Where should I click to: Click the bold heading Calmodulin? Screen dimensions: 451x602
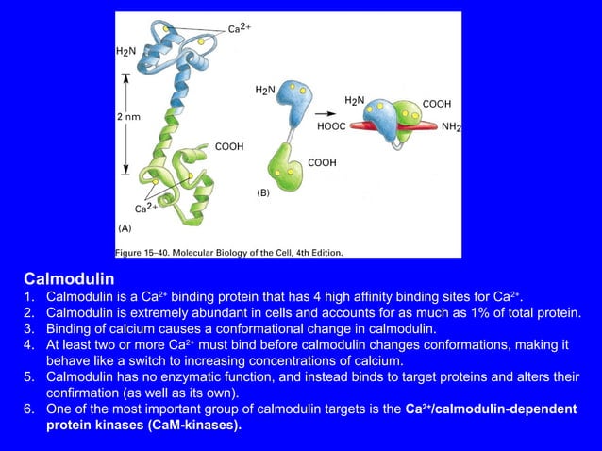pyautogui.click(x=69, y=279)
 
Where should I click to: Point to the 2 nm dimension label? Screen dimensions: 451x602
pyautogui.click(x=128, y=116)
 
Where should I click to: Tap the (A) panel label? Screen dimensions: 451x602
pyautogui.click(x=125, y=227)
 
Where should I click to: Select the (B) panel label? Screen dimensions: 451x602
pyautogui.click(x=262, y=192)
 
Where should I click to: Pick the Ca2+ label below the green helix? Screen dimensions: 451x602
pyautogui.click(x=146, y=208)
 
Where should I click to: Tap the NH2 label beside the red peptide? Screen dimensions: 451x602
pyautogui.click(x=451, y=126)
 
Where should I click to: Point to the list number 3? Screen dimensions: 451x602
pyautogui.click(x=28, y=328)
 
